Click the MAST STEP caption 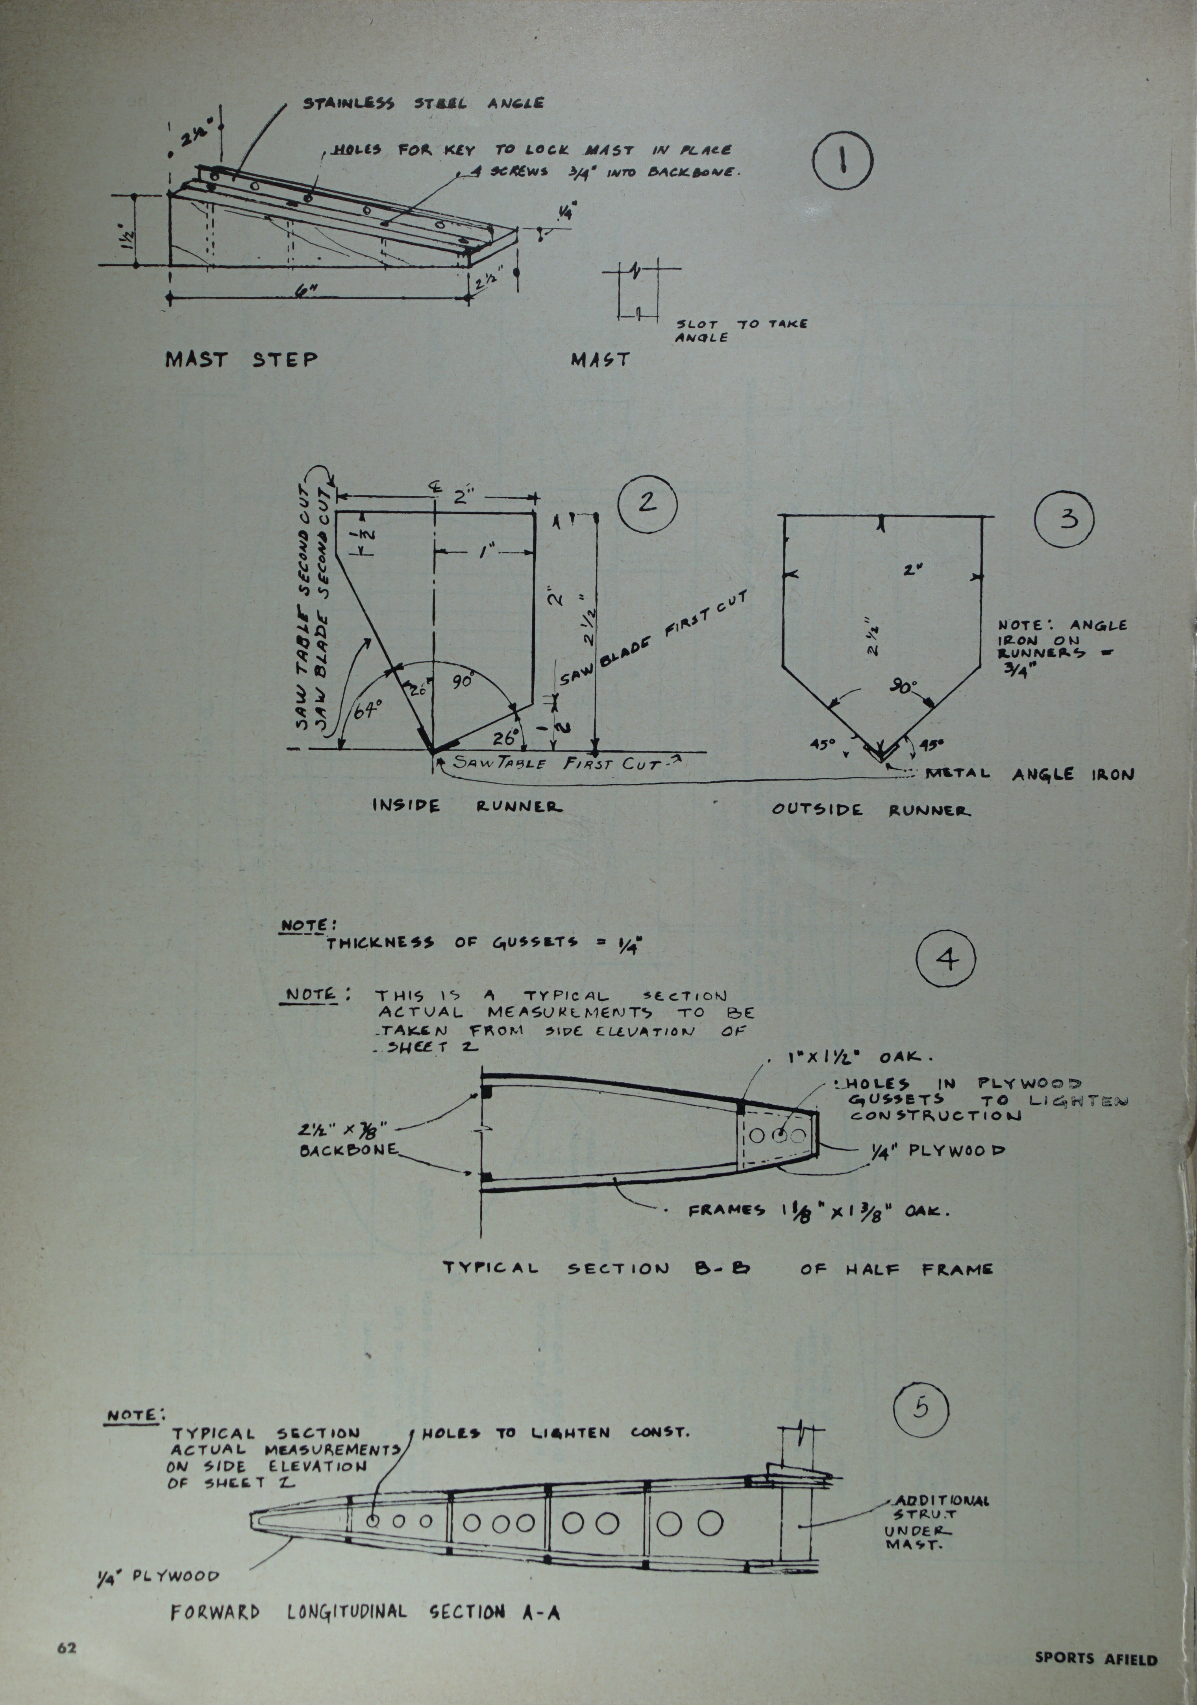pyautogui.click(x=241, y=360)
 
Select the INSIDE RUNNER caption pyautogui.click(x=466, y=806)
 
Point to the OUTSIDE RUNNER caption pyautogui.click(x=871, y=810)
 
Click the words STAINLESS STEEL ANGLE pyautogui.click(x=423, y=103)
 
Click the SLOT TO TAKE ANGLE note pyautogui.click(x=742, y=330)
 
